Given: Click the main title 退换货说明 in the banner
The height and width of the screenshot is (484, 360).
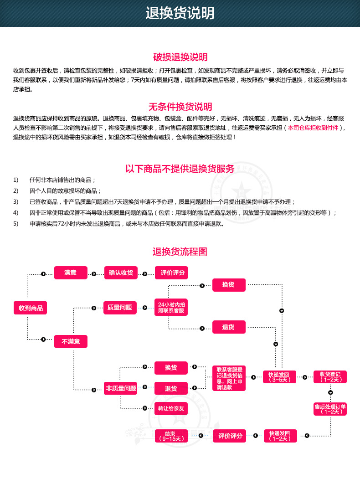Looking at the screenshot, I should tap(180, 13).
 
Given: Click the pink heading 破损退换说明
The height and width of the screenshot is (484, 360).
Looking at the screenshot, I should tap(180, 57).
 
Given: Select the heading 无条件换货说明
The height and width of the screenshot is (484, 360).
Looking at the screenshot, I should tap(180, 107).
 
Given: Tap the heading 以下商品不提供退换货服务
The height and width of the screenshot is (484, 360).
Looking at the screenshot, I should tap(180, 169).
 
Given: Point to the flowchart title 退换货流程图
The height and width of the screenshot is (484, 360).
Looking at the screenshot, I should tap(180, 252).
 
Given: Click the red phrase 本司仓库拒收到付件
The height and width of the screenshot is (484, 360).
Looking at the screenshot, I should tap(313, 128).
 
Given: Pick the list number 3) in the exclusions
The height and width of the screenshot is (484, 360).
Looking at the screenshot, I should tap(16, 202).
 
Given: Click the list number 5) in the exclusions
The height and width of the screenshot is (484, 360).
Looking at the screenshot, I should tap(16, 224).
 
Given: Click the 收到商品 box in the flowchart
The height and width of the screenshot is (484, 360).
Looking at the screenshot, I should tap(31, 308).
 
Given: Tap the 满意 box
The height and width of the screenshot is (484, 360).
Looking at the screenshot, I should tap(71, 273).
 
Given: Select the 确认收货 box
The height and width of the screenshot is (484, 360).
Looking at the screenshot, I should tap(121, 273).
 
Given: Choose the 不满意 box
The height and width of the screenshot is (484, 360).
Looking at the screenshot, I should tap(71, 341).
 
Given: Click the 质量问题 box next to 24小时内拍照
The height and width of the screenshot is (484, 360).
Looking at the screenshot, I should tap(120, 308).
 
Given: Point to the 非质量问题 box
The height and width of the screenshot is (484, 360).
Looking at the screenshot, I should tap(121, 388).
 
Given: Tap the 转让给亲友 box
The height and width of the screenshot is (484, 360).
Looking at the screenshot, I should tap(171, 408).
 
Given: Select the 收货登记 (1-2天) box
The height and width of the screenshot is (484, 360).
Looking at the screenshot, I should tap(330, 377).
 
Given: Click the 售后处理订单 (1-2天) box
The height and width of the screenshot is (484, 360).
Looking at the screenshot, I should tap(330, 409).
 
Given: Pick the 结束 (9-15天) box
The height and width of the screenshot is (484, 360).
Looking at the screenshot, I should tap(171, 436).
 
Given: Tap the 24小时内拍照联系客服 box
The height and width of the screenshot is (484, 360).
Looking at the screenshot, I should tap(171, 308).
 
